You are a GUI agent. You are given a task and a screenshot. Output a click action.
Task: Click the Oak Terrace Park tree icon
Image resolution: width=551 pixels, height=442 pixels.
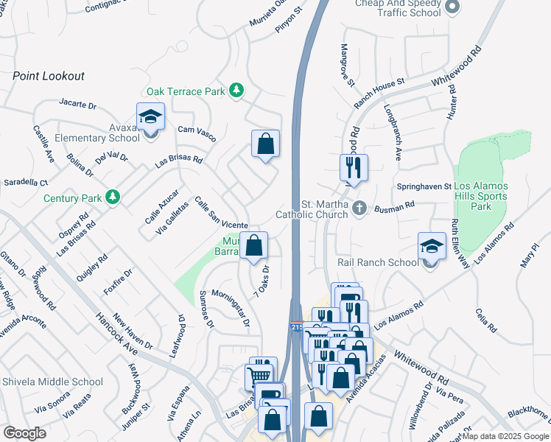[x=236, y=91]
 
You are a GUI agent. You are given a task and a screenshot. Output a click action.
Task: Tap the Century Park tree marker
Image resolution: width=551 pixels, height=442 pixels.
[x=112, y=197]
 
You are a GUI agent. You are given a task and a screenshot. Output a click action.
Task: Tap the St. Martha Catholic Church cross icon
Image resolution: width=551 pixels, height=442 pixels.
[x=359, y=208]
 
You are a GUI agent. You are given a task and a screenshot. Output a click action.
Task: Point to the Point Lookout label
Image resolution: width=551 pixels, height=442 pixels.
[x=49, y=76]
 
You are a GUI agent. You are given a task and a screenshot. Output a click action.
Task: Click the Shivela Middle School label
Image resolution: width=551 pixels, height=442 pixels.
[x=53, y=382]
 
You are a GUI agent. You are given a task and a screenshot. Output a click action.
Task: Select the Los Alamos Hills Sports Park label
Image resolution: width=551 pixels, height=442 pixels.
[x=481, y=196]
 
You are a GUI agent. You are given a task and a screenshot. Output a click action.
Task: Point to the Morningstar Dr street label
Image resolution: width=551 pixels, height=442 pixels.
[x=231, y=312]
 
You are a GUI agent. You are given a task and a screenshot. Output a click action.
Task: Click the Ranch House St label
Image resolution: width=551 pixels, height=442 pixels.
[x=379, y=93]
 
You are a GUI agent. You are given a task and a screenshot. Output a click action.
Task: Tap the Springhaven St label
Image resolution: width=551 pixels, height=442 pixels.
[x=424, y=187]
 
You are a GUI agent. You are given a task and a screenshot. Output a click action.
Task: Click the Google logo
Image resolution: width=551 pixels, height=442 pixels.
[x=24, y=433]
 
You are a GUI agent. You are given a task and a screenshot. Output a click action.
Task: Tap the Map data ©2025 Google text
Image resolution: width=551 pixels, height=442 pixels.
[x=505, y=436]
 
